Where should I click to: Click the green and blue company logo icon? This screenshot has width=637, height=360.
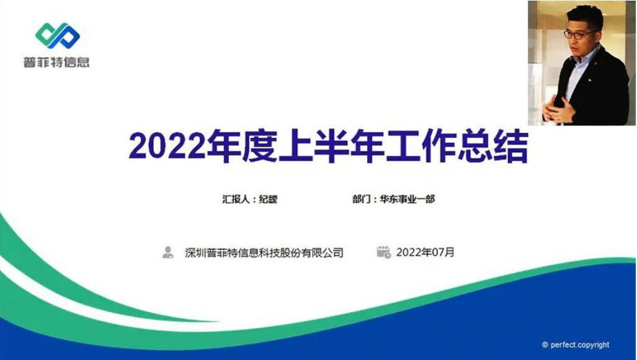tap(57, 36)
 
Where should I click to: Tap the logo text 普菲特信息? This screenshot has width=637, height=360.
tap(56, 62)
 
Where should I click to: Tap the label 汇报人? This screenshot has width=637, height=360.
tap(236, 200)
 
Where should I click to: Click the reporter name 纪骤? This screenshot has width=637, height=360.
tap(269, 200)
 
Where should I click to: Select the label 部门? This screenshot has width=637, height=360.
tap(361, 200)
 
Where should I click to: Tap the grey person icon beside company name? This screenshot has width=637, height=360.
tap(168, 252)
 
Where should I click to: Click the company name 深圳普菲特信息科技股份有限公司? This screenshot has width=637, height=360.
tap(264, 253)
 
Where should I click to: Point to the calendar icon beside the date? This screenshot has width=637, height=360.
tap(383, 252)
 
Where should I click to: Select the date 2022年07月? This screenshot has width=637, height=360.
tap(425, 253)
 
